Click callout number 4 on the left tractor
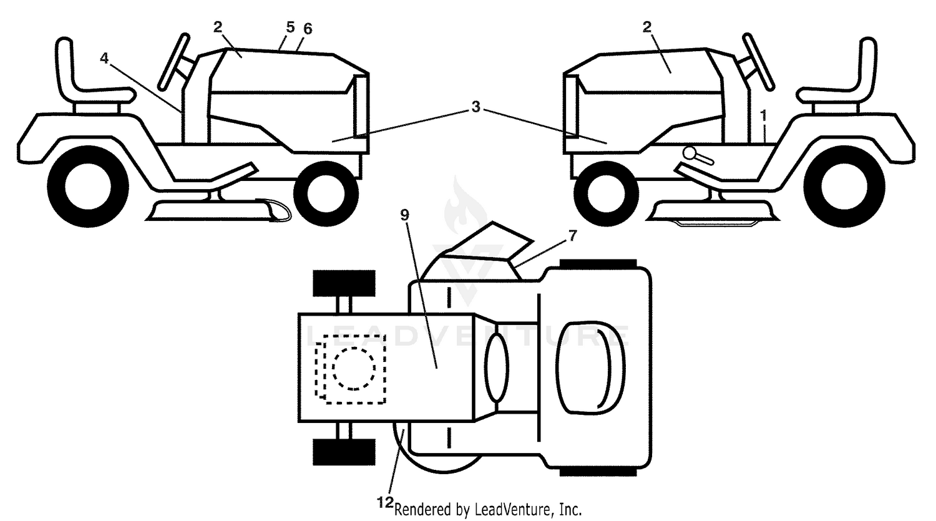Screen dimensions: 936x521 104,59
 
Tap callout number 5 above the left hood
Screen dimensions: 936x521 290,27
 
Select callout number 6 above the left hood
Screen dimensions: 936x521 308,29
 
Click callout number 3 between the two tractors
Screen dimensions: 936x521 475,107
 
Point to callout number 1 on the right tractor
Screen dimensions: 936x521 764,115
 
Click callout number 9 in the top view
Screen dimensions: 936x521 404,215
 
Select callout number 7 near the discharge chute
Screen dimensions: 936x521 572,236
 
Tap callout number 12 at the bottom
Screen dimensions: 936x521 385,502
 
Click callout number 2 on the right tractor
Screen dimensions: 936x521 647,27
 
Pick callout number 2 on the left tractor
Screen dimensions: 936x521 218,27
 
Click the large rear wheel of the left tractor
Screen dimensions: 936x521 88,187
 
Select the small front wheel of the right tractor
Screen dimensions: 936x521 607,194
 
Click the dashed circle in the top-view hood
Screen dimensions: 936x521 354,369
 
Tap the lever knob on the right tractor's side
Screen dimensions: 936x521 690,153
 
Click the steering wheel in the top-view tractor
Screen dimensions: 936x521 496,368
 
